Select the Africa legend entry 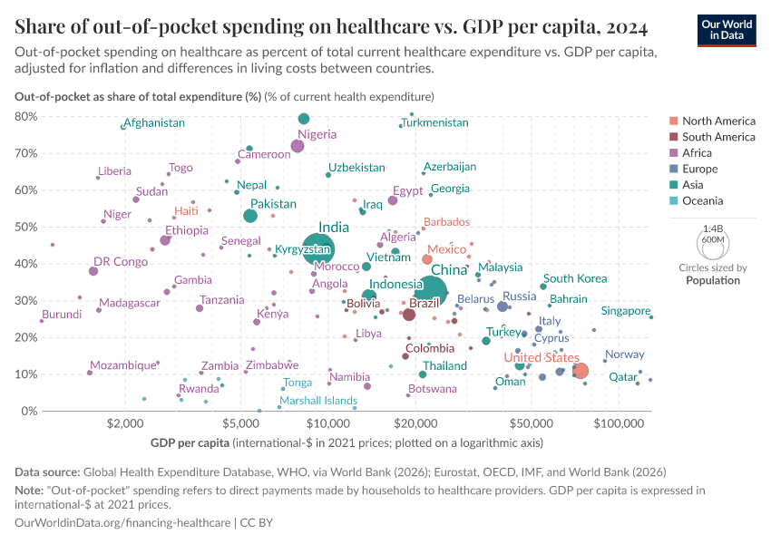tap(700, 153)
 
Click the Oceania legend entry tap(705, 201)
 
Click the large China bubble tap(429, 290)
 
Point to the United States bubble tap(581, 371)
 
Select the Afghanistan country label tap(154, 122)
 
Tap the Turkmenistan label tap(437, 122)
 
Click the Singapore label tap(626, 311)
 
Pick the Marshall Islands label tap(318, 400)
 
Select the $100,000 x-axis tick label tap(620, 423)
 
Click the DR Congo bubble tap(93, 271)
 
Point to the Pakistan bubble tap(250, 216)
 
